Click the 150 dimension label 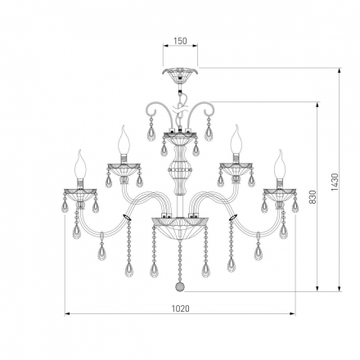[x=180, y=41]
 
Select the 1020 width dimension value [x=180, y=308]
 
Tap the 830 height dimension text [x=313, y=196]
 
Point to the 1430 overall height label [x=335, y=182]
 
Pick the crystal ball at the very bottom [x=179, y=286]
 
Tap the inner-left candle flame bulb [x=124, y=140]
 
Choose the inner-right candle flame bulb [x=236, y=140]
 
